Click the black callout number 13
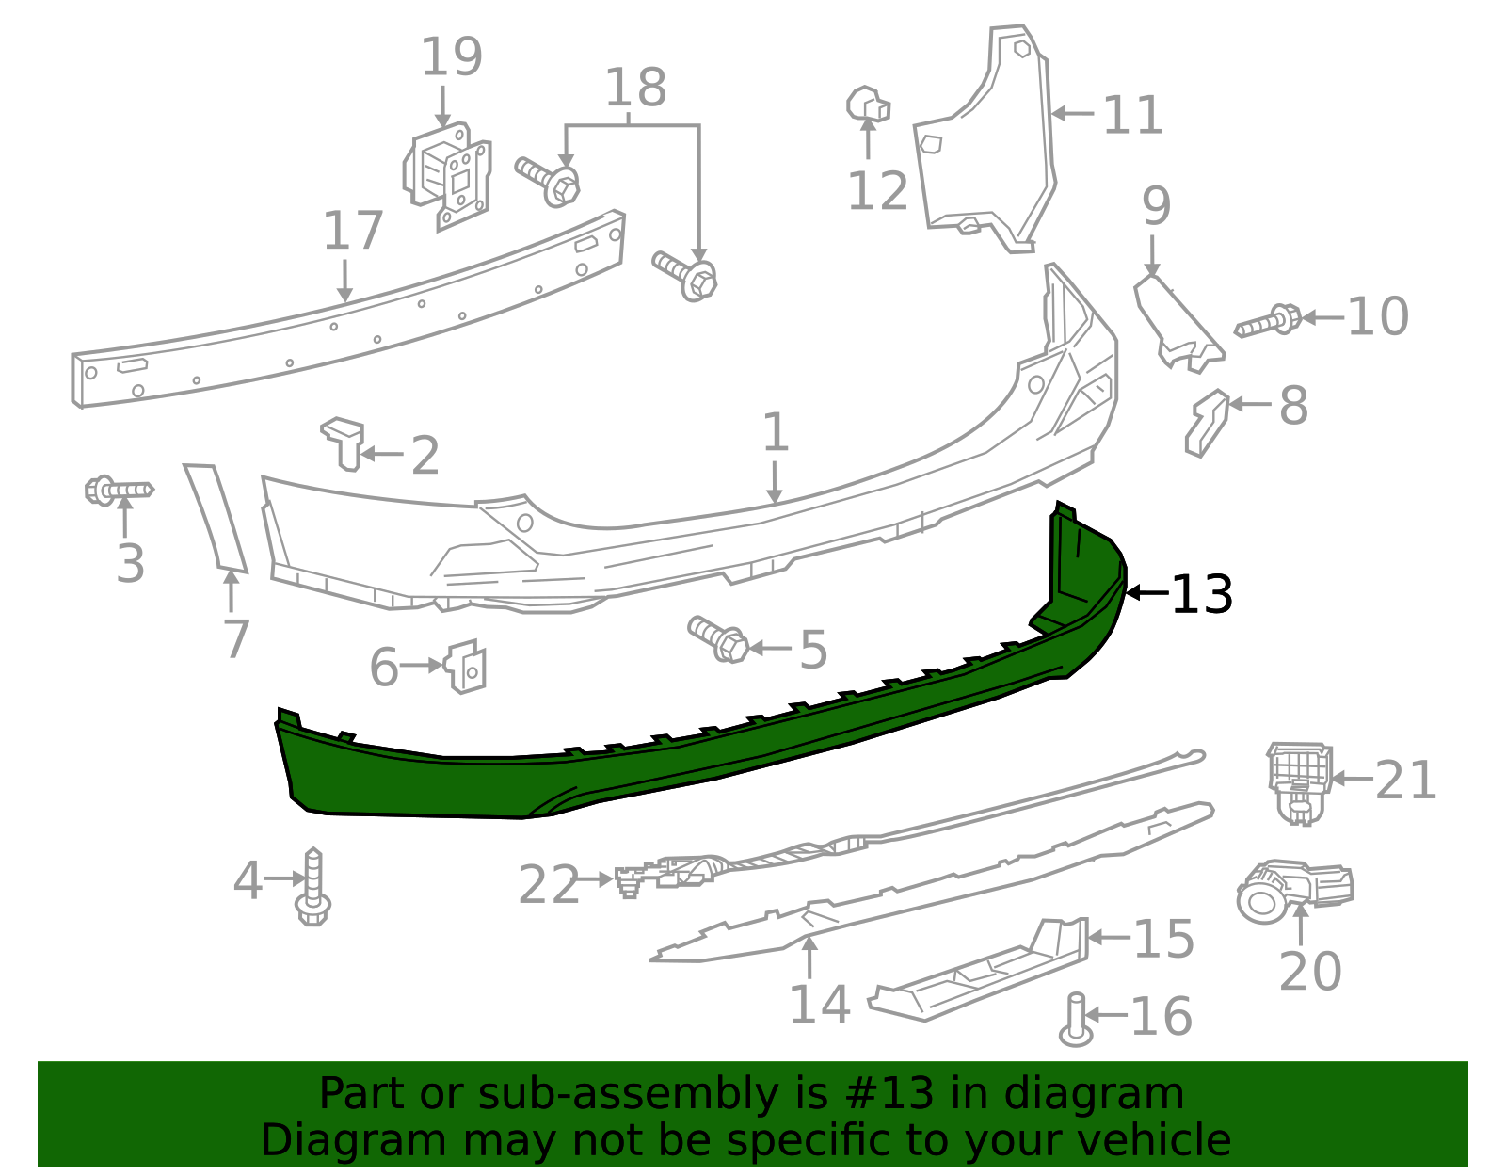tap(1202, 595)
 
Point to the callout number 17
tap(353, 232)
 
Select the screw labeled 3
tap(119, 491)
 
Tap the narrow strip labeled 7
tap(216, 518)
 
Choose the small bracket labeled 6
tap(467, 666)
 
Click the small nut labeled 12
tap(868, 105)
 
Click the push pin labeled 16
tap(1077, 1021)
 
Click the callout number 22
tap(549, 886)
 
